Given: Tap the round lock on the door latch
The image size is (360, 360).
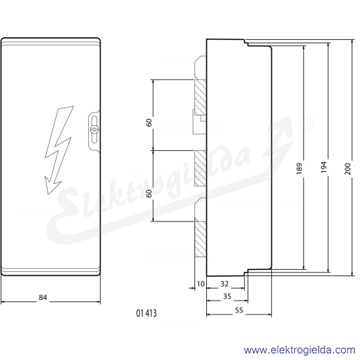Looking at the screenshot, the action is point(94,129).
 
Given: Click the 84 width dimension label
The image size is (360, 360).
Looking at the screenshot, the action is point(43,298).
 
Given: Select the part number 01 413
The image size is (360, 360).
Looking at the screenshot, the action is point(146,313).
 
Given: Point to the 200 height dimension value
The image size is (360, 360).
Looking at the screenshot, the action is point(347,169).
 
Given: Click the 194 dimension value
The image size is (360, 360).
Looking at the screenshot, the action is point(324,167).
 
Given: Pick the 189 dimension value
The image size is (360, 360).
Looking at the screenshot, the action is point(299,168).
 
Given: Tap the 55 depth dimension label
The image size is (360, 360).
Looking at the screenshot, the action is point(239,310).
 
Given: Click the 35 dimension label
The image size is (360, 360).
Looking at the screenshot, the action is point(227,296).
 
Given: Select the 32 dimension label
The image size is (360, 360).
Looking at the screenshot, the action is point(224,284).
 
